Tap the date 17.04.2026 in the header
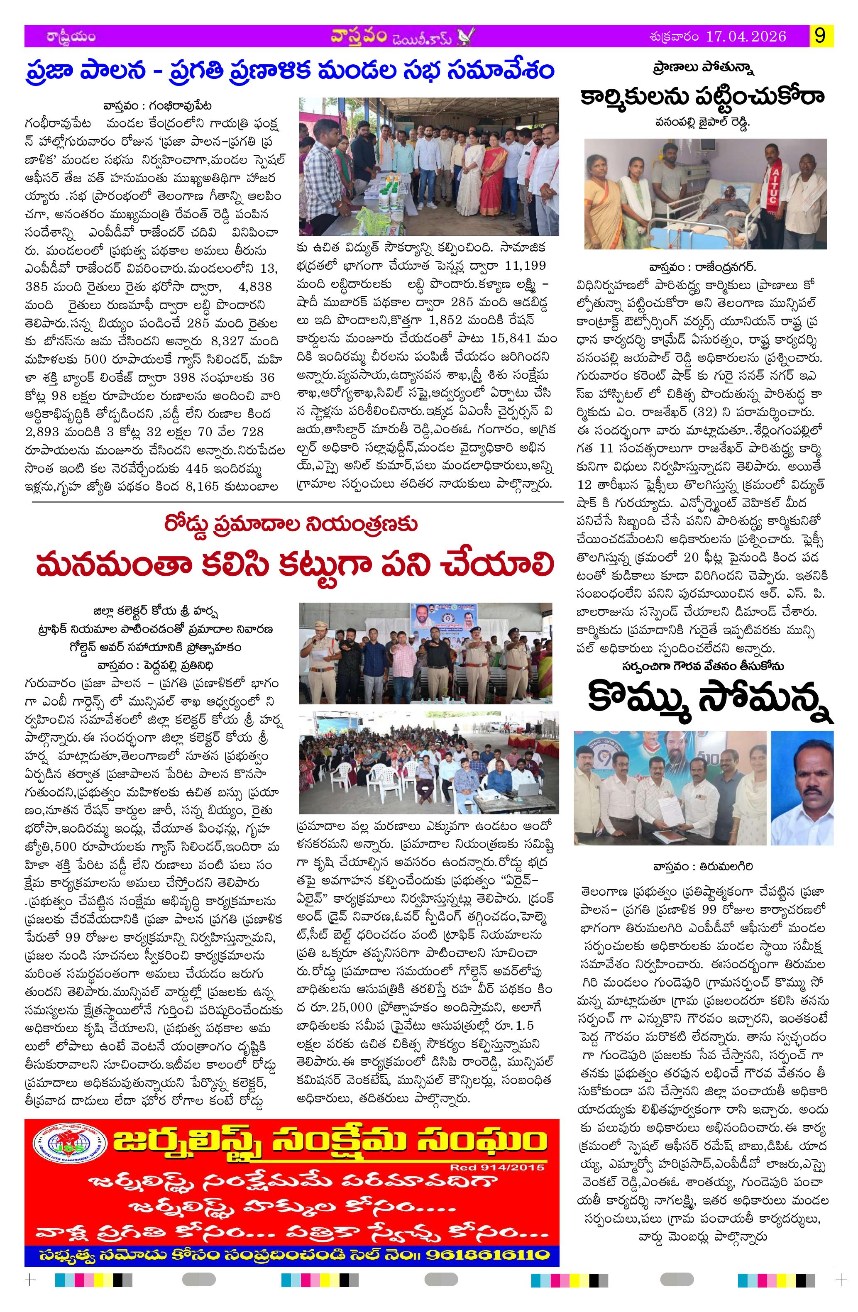coord(745,37)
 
